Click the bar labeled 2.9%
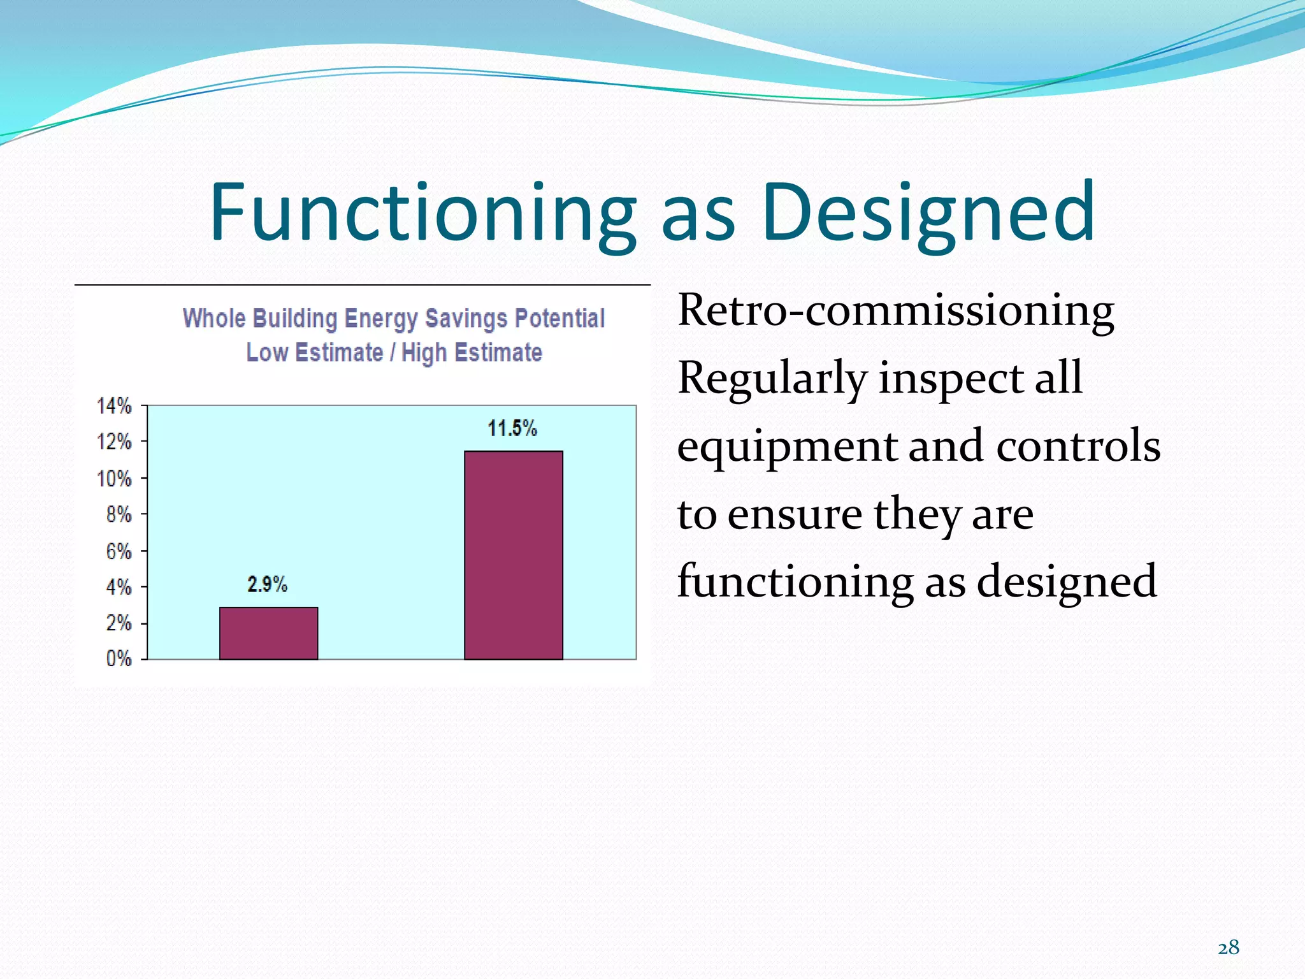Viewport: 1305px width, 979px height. pos(268,633)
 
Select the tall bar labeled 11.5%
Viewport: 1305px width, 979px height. pos(513,555)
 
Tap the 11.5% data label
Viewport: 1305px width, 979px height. pos(512,428)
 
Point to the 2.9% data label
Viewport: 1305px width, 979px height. pos(267,584)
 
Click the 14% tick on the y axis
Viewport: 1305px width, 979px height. pos(114,406)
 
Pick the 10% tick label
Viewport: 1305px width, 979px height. pos(114,479)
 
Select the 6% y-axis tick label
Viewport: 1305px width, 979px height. pos(119,551)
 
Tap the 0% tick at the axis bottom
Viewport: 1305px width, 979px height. pos(119,658)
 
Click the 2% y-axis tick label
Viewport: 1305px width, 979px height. pos(119,623)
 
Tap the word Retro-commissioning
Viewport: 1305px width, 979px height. pos(895,310)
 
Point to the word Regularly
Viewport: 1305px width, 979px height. pos(772,378)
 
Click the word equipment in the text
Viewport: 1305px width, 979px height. pos(786,447)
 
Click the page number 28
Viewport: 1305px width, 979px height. pos(1229,948)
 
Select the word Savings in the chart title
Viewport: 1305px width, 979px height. pos(466,318)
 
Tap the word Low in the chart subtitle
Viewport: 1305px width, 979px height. pos(266,352)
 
